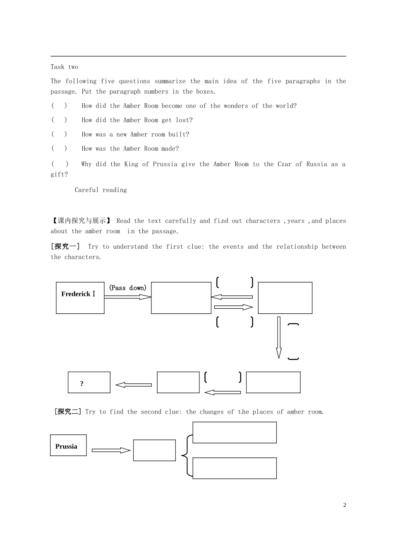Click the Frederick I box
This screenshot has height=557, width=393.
80,298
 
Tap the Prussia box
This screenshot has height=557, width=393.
68,445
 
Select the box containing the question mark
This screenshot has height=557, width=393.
89,382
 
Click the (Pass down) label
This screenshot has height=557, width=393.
128,288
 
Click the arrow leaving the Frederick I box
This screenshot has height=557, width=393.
128,297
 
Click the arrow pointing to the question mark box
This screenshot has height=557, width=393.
134,385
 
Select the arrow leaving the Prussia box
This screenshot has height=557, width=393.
111,450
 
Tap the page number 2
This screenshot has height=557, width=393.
345,505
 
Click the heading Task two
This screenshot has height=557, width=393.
65,67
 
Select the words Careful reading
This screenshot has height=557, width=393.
101,190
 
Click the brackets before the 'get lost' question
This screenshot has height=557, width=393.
59,120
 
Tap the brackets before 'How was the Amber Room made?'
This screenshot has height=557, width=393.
59,148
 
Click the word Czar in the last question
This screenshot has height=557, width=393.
284,164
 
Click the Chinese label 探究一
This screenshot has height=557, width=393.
65,247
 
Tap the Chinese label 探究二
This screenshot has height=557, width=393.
68,412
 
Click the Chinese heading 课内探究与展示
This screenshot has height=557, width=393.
81,221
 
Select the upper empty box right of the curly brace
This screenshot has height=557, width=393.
235,433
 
